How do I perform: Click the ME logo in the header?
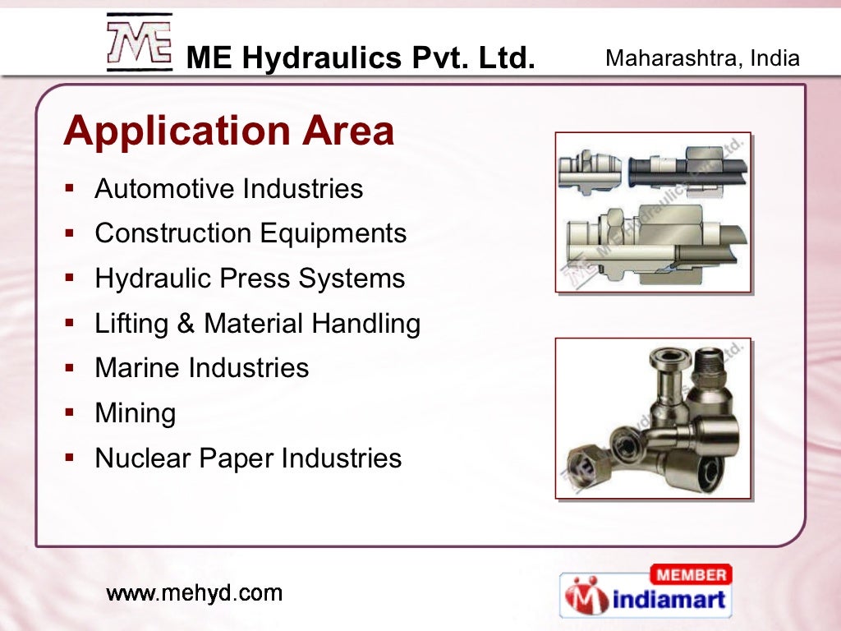139,43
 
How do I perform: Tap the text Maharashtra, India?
702,58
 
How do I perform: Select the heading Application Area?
229,131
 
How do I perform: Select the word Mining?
136,413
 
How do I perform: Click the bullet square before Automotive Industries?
71,187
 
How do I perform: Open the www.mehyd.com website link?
195,592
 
